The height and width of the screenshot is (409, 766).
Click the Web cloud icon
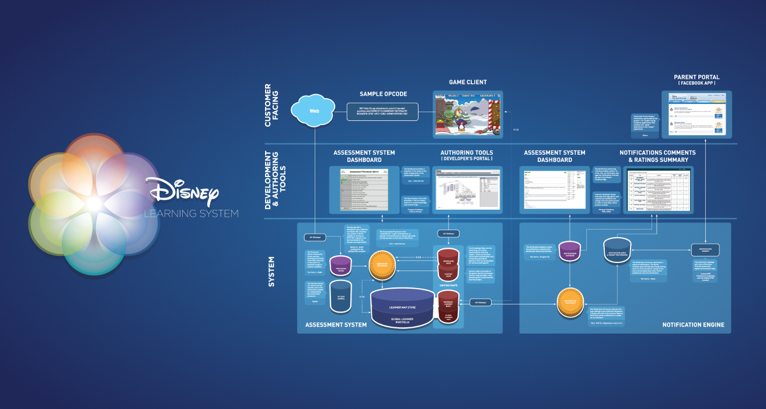click(x=314, y=110)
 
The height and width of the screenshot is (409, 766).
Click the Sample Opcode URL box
click(x=383, y=112)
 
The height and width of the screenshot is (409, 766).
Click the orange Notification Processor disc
click(x=570, y=303)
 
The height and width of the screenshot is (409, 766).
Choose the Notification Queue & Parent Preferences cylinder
click(x=615, y=249)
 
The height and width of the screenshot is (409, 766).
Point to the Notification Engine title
click(x=693, y=325)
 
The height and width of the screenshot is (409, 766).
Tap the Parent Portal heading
click(x=696, y=77)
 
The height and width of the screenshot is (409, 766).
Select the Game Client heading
click(x=467, y=82)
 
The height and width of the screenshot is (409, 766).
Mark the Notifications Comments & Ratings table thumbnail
click(x=657, y=189)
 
